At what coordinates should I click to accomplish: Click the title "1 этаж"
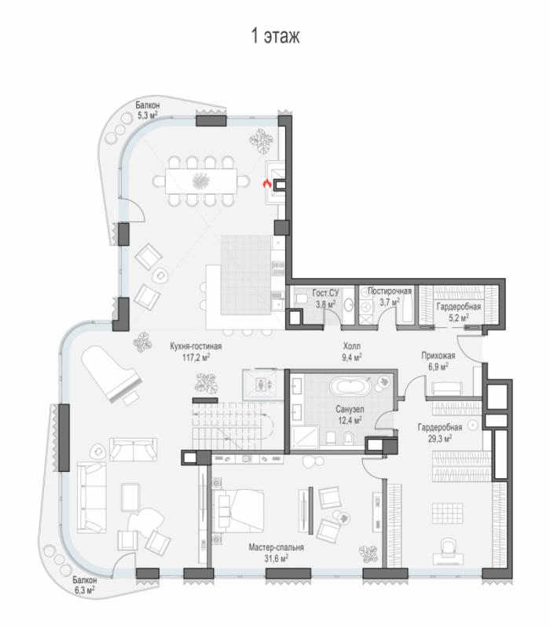click(275, 35)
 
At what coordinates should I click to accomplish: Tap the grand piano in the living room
click(112, 376)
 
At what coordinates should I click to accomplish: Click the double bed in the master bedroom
click(238, 511)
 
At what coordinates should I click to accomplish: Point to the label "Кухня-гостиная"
click(196, 346)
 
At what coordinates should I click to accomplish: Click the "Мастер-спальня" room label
click(277, 547)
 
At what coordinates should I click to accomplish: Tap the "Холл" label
click(351, 345)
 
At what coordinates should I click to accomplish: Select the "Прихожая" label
click(438, 356)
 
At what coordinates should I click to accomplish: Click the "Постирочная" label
click(390, 291)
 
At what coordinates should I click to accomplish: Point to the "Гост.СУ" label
click(325, 293)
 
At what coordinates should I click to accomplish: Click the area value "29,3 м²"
click(440, 438)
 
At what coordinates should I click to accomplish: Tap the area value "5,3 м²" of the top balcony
click(148, 115)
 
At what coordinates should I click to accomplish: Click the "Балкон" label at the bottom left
click(85, 580)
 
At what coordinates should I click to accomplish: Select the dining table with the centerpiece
click(201, 181)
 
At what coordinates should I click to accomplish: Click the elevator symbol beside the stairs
click(259, 385)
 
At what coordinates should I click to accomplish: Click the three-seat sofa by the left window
click(92, 497)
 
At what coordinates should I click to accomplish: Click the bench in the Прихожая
click(447, 389)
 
